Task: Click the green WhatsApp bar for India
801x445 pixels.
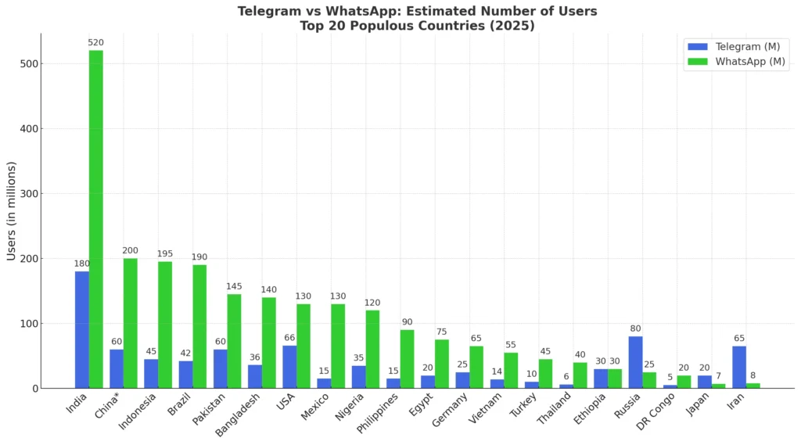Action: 95,219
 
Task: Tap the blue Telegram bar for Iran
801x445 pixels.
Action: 739,367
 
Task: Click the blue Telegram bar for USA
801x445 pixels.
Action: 289,367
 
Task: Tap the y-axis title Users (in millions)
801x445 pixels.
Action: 11,211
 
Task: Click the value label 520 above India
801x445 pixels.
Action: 95,42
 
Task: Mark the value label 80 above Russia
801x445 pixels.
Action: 635,328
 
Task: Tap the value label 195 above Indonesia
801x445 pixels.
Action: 165,253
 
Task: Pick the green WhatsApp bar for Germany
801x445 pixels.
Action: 476,367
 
